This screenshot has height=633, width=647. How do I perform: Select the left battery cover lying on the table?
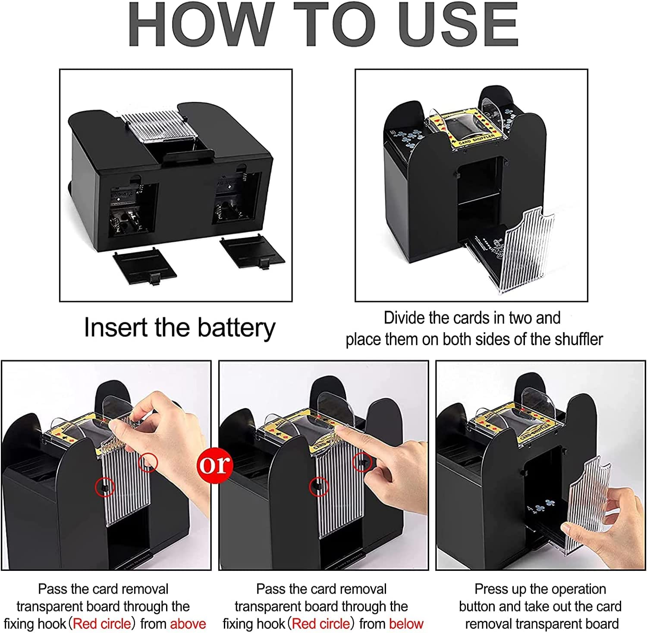(145, 268)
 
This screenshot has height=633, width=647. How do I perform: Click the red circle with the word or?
(214, 465)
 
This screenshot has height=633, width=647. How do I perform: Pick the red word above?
(188, 624)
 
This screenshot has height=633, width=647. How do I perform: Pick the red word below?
(406, 624)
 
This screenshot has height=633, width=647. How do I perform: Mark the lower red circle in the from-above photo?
(105, 487)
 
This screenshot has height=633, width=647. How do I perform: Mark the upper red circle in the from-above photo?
(148, 463)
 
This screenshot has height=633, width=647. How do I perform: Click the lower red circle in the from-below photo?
(319, 487)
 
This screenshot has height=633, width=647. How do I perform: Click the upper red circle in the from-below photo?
(363, 462)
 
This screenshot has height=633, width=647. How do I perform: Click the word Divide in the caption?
(403, 318)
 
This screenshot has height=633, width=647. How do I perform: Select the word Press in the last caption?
(491, 589)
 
